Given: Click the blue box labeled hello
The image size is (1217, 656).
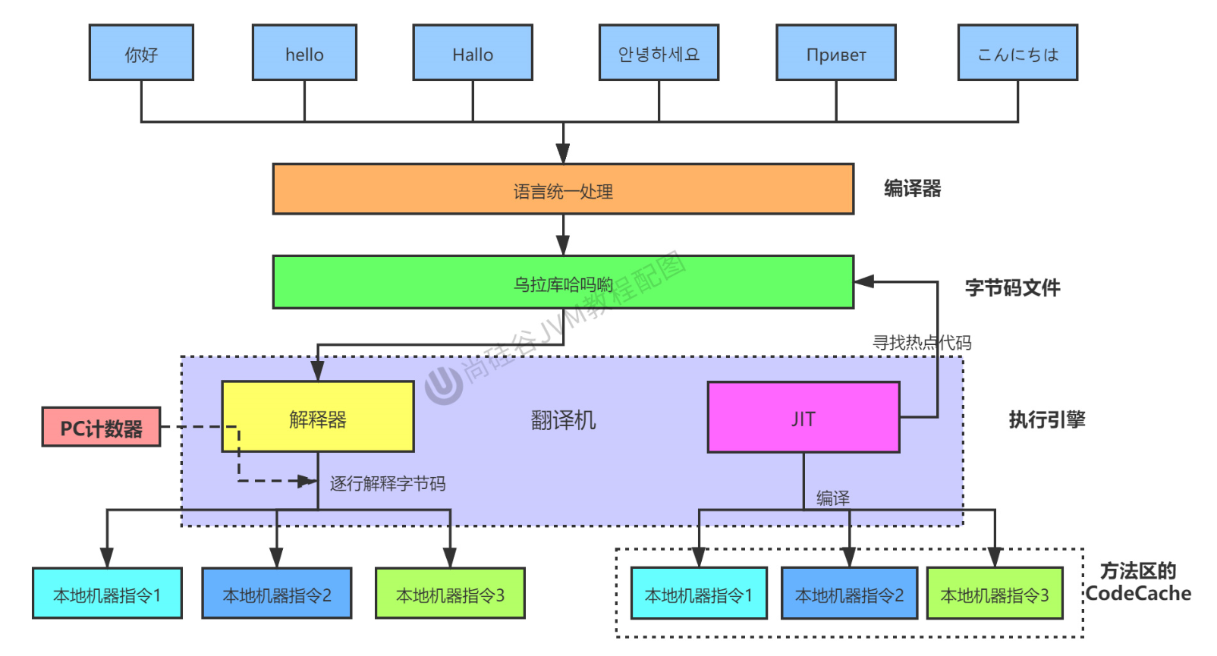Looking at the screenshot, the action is [304, 52].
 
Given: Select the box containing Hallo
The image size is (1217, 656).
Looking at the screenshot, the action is [473, 52].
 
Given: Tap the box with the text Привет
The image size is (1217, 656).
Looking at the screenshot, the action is [835, 52].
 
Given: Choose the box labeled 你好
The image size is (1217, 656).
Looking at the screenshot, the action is [141, 52].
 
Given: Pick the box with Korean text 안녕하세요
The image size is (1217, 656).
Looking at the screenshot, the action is [659, 52].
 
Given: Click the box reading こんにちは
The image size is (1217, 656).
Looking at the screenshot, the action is [1017, 52].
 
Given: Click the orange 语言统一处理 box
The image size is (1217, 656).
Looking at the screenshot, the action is [564, 189].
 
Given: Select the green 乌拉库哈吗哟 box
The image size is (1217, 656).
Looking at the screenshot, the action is [564, 282].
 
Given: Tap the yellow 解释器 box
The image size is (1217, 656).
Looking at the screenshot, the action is [318, 416].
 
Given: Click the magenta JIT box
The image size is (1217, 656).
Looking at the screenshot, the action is [803, 417].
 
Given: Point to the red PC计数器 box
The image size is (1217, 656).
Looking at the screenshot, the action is [101, 427].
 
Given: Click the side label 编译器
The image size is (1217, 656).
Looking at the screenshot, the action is [913, 188].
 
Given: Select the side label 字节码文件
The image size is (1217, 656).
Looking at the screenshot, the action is [1013, 288].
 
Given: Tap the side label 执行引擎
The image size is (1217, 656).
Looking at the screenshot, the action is [1047, 420].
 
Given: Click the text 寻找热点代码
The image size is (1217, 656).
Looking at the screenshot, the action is [922, 343].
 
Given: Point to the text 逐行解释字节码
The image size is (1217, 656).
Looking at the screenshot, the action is [388, 483].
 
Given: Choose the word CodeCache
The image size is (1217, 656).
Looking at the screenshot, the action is [1138, 593].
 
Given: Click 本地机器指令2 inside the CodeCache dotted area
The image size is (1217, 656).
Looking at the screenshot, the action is [849, 593].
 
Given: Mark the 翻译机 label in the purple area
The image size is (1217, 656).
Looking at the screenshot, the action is [564, 420].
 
